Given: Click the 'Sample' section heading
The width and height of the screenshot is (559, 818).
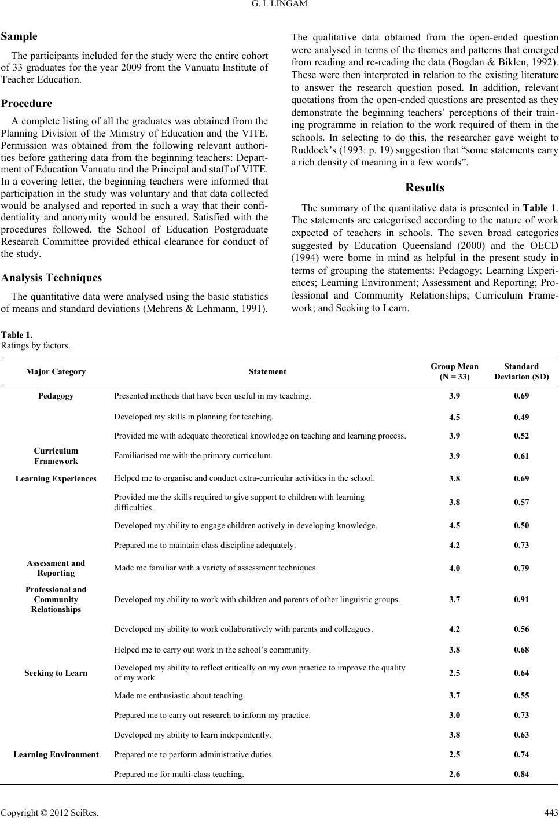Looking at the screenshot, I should tap(19, 36).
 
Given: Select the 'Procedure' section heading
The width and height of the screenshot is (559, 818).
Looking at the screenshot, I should tap(27, 104).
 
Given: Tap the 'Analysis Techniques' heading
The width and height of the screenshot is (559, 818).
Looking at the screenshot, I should tap(52, 278).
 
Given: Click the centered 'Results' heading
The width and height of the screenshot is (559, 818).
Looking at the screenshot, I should tap(425, 187).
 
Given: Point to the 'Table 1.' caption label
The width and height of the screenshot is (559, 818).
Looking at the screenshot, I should tap(17, 335).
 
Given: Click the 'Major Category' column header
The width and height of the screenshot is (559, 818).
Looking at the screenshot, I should tap(56, 372).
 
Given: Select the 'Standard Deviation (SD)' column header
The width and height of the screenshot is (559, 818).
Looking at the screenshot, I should tap(521, 371).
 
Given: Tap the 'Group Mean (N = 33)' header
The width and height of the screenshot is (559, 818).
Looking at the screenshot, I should tap(454, 371).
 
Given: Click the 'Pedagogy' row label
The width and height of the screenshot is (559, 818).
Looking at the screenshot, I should tap(56, 396).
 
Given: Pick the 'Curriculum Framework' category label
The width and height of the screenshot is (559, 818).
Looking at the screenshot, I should tap(56, 456).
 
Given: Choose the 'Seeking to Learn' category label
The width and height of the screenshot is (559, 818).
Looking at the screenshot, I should tap(56, 673).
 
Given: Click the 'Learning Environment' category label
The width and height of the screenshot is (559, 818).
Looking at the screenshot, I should tap(56, 754).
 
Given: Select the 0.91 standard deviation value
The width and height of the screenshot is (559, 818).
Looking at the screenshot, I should tap(521, 600).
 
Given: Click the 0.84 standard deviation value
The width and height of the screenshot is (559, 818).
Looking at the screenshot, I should tap(521, 773).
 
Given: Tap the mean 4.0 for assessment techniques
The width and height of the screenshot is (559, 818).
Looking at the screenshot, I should tap(454, 568).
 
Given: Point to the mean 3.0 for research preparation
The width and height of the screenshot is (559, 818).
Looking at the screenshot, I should tap(454, 715).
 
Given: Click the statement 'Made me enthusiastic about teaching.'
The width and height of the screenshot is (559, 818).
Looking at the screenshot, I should tap(179, 695).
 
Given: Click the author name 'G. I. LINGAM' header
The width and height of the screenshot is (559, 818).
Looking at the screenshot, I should tap(279, 6).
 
